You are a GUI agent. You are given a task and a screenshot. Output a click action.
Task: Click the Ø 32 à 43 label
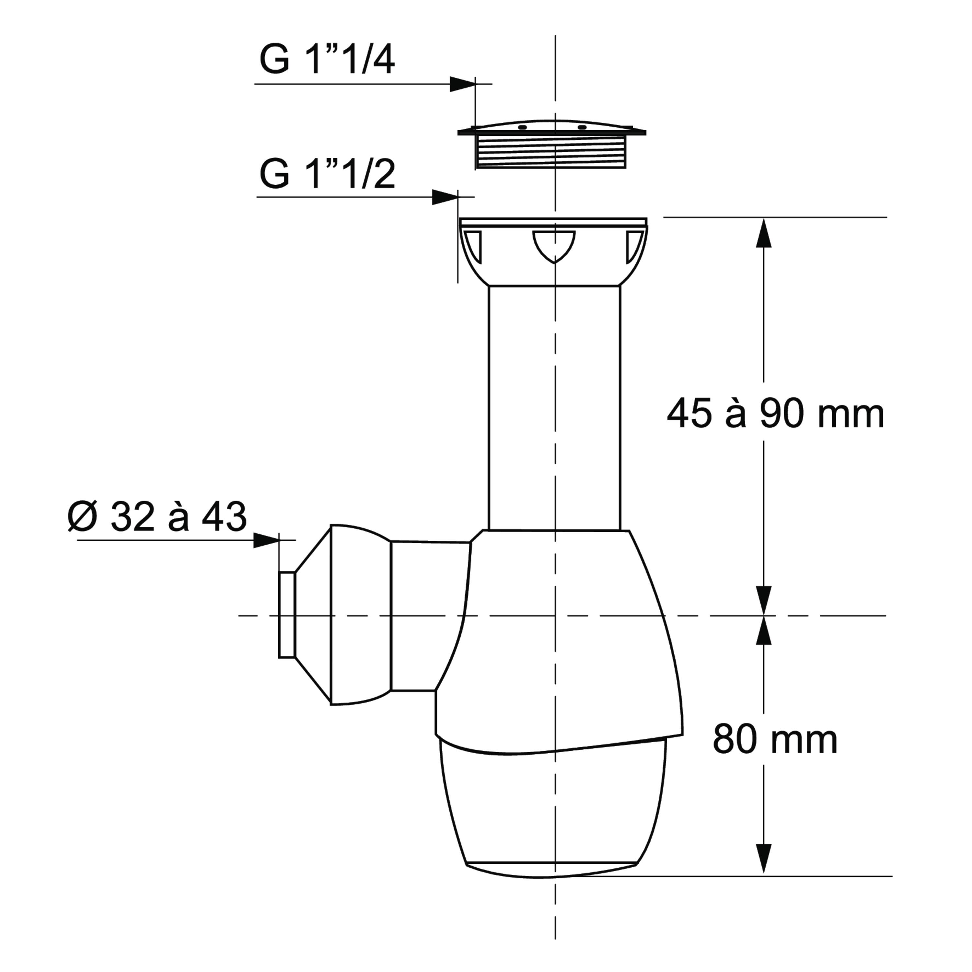(x=157, y=516)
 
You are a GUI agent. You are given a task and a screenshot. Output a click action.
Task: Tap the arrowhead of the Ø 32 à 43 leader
(x=266, y=540)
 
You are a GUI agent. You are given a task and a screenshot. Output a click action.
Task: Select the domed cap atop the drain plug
(x=551, y=127)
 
